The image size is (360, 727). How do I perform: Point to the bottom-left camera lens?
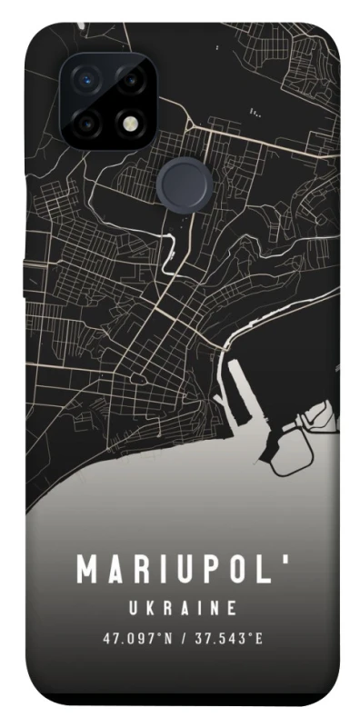87,122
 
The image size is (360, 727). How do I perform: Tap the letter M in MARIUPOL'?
88,570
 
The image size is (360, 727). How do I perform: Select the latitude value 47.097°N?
136,638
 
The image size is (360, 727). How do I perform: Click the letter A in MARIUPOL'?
116,570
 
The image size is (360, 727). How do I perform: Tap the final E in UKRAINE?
234,607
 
